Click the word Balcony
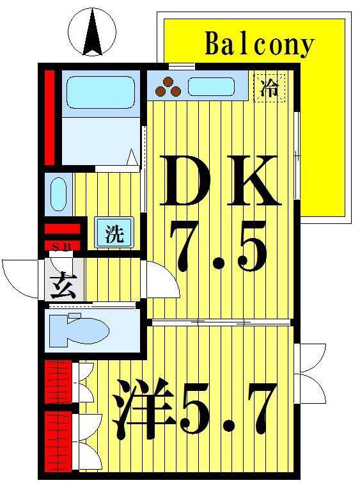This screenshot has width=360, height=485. (x=259, y=45)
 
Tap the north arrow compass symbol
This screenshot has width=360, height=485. (x=92, y=31)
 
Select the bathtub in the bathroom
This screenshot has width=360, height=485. (x=101, y=93)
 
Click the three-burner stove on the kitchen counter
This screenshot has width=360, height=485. (x=168, y=86)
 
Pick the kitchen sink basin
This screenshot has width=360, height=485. (x=212, y=86)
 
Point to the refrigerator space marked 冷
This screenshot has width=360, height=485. (x=269, y=88)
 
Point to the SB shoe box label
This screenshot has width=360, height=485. (x=62, y=246)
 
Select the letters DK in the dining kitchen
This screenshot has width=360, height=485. (x=220, y=180)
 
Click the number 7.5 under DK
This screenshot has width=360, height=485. (x=218, y=247)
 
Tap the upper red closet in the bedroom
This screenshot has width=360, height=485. (x=58, y=382)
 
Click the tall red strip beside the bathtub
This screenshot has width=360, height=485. (x=50, y=118)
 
